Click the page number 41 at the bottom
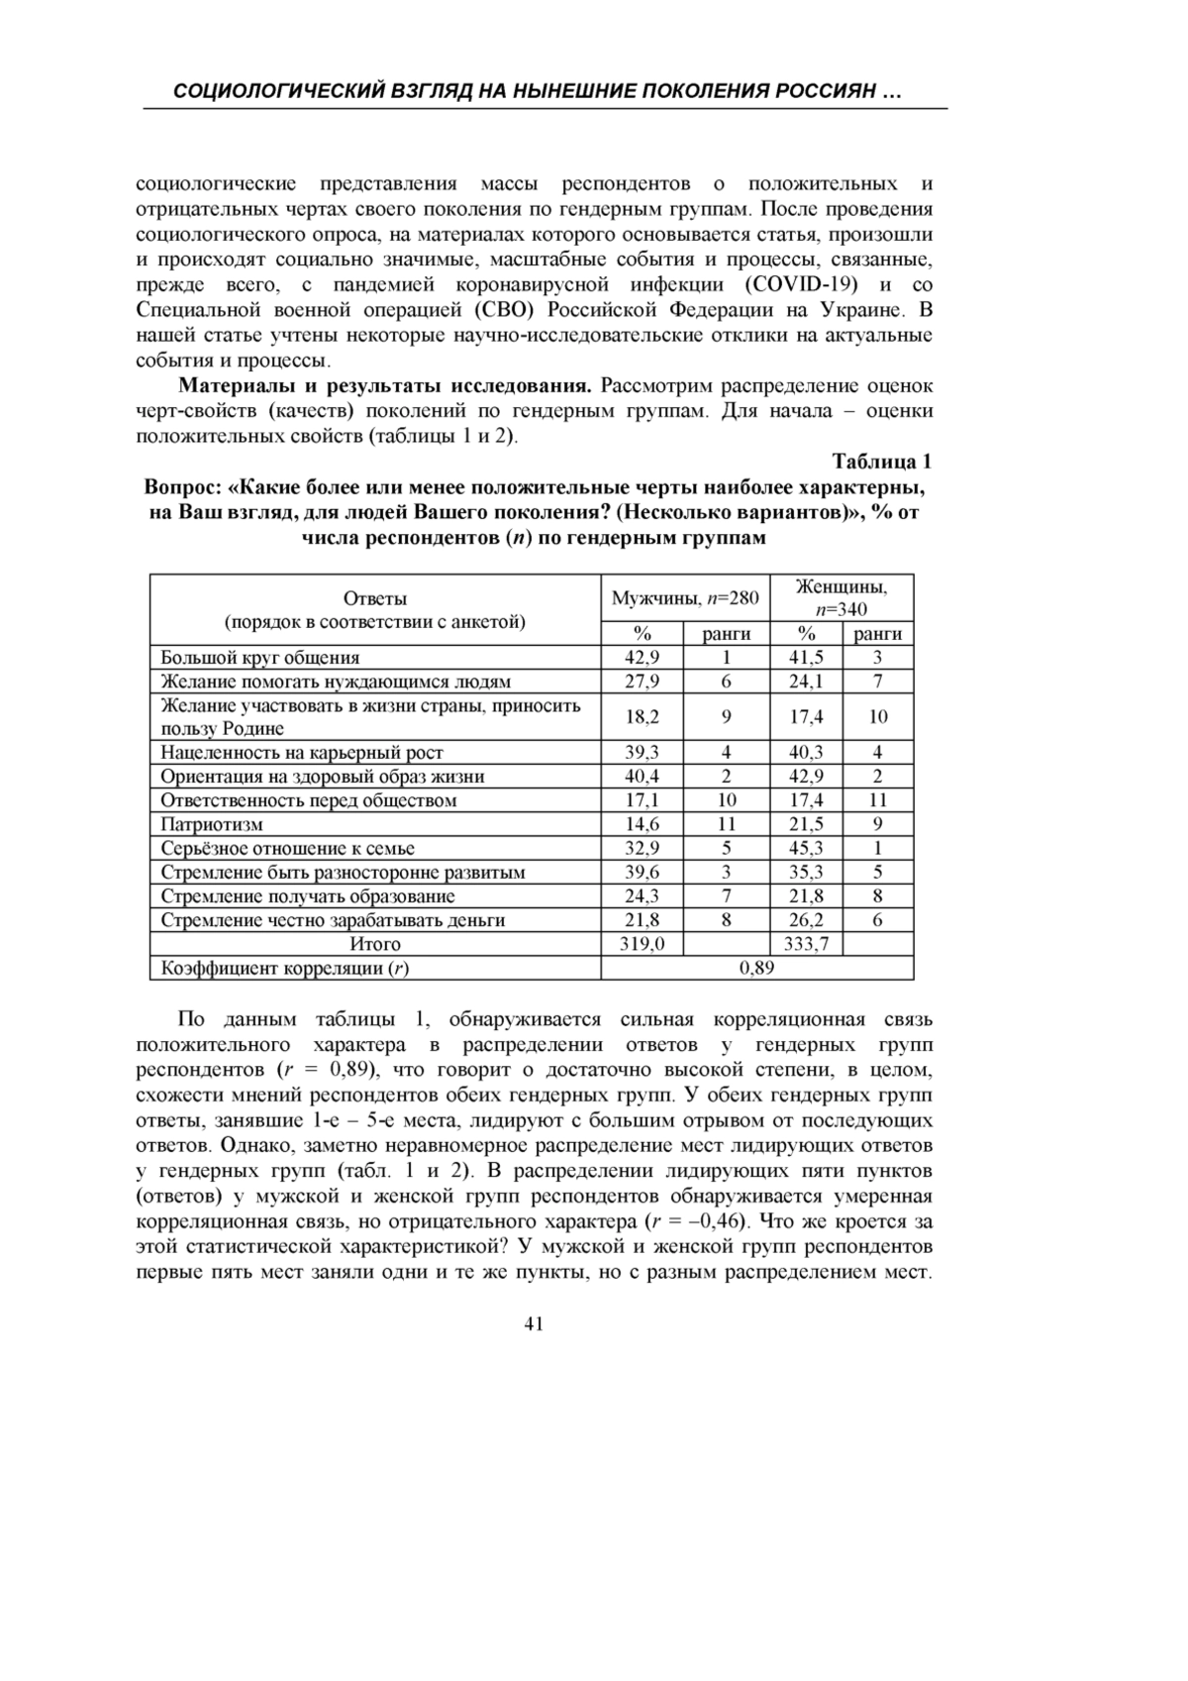tap(534, 1324)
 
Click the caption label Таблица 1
tap(882, 462)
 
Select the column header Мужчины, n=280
tap(685, 598)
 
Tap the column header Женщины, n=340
tap(841, 597)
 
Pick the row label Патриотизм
tap(212, 824)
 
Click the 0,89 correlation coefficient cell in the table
tap(757, 968)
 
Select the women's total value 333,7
tap(806, 944)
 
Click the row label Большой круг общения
tap(260, 658)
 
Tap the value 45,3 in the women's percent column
tap(806, 848)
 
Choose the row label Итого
tap(375, 944)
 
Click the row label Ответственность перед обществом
tap(309, 800)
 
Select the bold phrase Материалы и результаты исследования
tap(385, 385)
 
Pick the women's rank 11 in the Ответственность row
tap(877, 800)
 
